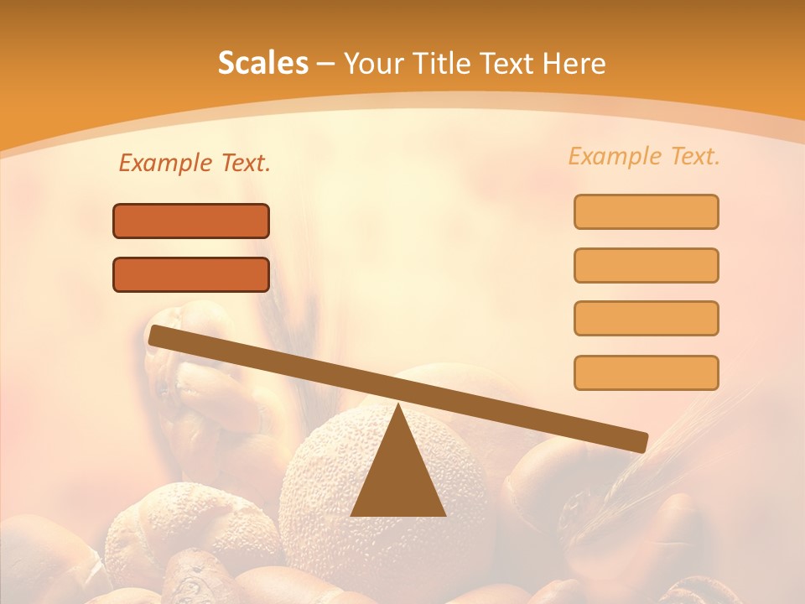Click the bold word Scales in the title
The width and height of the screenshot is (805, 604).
click(x=263, y=63)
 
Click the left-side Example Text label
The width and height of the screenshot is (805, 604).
click(x=195, y=164)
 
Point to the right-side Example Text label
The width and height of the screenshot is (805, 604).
click(x=644, y=156)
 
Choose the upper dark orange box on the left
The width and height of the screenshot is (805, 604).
click(x=191, y=221)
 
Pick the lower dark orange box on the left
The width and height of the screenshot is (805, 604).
click(x=191, y=274)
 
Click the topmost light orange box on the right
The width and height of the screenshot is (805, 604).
click(x=646, y=211)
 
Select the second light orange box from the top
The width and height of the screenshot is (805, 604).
click(x=646, y=265)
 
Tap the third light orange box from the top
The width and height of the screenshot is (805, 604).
click(x=646, y=318)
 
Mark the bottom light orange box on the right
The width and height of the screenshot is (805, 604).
click(x=646, y=372)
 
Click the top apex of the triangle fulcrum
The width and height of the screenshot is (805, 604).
click(x=397, y=408)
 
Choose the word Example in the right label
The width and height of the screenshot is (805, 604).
click(x=615, y=156)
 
